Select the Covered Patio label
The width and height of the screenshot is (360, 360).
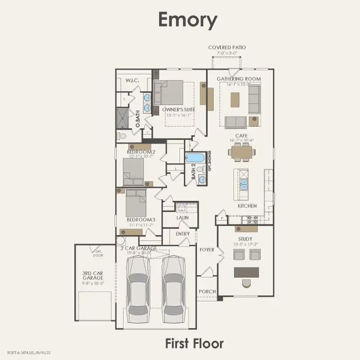227,47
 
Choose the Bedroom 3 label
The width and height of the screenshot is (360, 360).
141,220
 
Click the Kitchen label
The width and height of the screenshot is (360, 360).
247,206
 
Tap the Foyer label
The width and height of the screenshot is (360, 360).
207,250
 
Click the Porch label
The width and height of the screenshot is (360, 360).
207,291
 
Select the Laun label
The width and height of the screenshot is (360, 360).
191,217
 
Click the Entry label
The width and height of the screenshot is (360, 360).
182,233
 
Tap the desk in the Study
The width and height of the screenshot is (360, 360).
246,272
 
